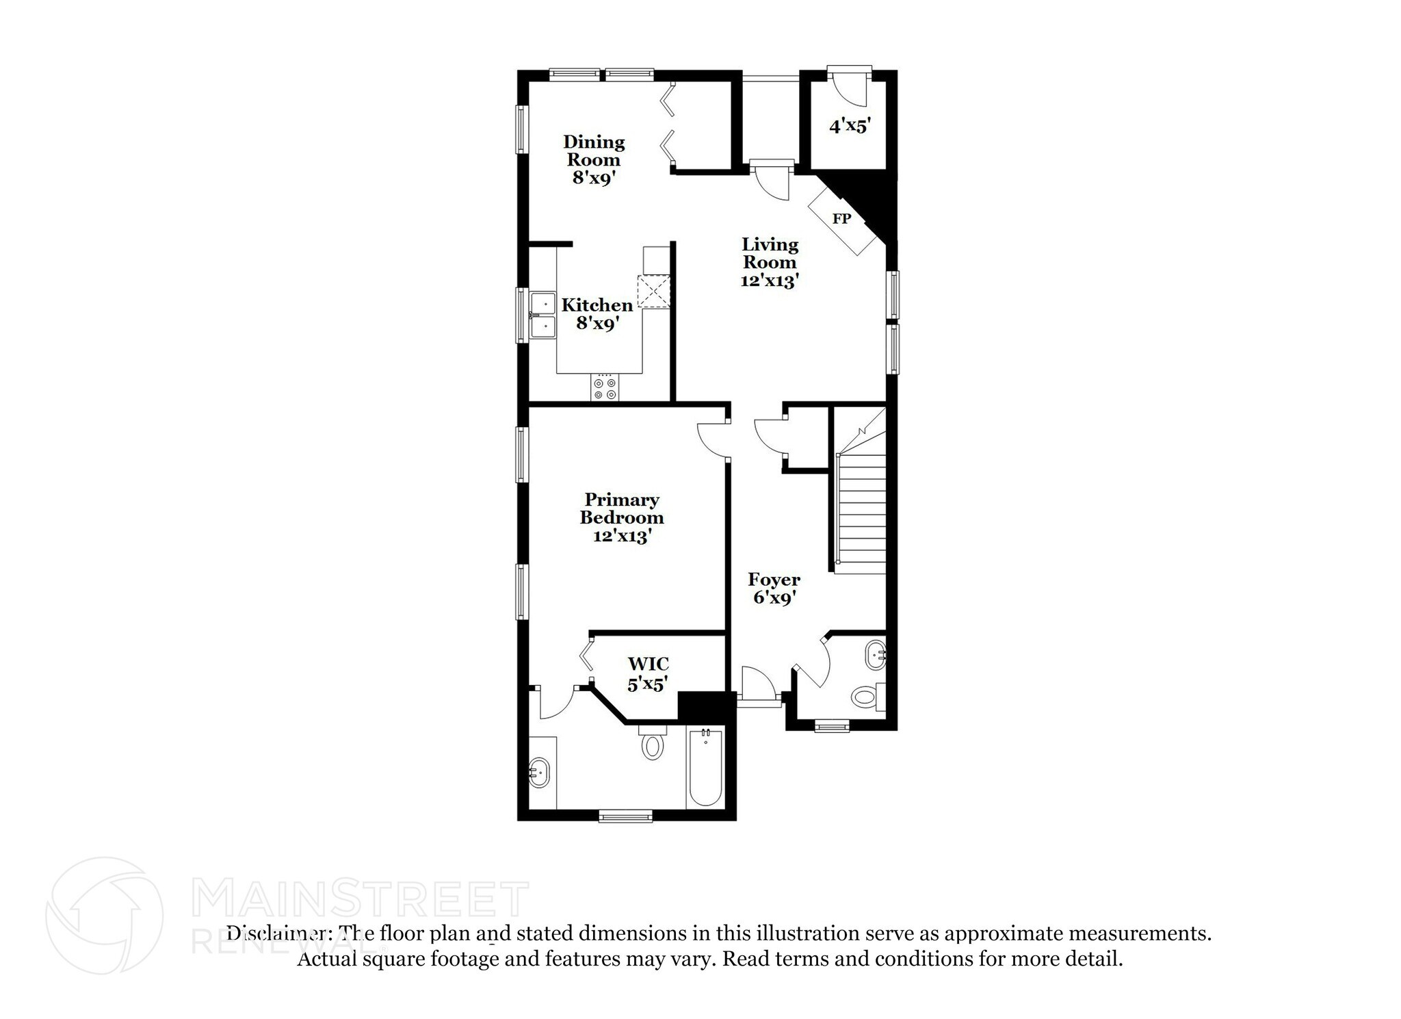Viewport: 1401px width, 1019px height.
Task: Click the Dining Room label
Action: pos(594,160)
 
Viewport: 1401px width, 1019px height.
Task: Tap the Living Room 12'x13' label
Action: pos(770,262)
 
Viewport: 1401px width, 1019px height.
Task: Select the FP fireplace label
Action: pos(841,219)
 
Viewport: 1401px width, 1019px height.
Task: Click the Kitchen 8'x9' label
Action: pos(597,314)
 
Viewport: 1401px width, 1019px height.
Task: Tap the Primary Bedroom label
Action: pos(621,517)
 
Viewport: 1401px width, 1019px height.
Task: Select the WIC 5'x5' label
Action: pos(647,673)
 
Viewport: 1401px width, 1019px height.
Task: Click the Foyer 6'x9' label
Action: pos(774,589)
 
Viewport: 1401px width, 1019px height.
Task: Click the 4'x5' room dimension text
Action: pos(850,127)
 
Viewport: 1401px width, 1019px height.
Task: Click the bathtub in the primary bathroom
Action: pos(705,768)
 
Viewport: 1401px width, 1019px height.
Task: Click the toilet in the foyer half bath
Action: pos(866,698)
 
